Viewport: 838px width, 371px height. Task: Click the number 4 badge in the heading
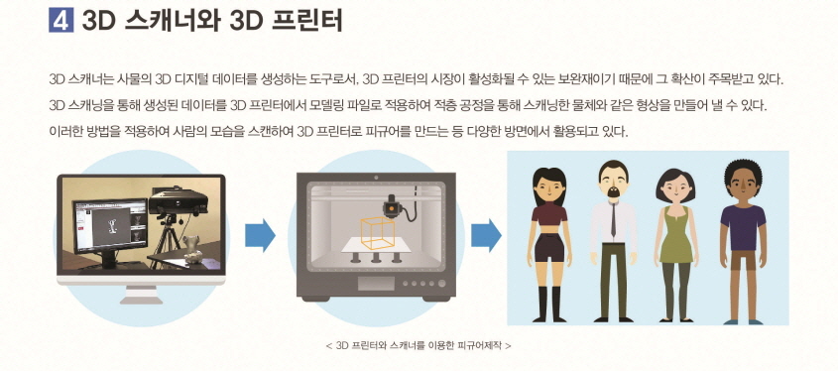tap(60, 20)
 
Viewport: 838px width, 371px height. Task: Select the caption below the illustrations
tap(418, 346)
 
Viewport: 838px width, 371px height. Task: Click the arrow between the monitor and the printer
tap(260, 235)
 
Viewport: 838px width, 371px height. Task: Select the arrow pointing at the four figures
tap(485, 235)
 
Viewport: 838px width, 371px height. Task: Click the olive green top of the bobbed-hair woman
tap(675, 232)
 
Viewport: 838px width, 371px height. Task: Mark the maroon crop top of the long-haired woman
tap(548, 213)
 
